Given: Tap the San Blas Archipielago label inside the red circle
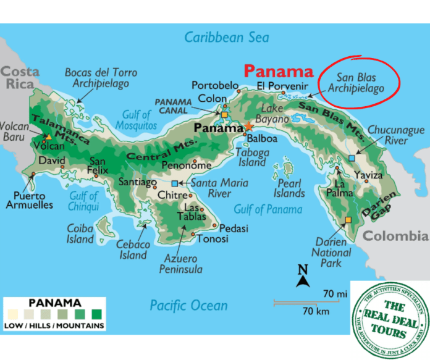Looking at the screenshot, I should [360, 84].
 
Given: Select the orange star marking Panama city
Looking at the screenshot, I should [248, 127].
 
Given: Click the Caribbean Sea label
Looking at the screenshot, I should [228, 37].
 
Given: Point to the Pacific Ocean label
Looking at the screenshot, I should [188, 305].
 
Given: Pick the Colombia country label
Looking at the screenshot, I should [395, 236].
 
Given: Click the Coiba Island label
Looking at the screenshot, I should [80, 234].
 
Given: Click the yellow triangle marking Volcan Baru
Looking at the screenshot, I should [48, 136].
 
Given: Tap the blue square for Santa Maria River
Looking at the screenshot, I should [175, 183].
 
